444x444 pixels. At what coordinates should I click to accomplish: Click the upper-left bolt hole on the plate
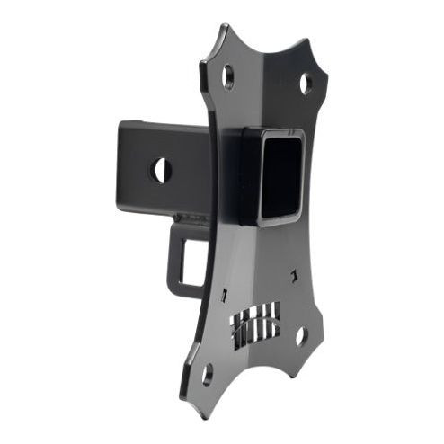pyautogui.click(x=229, y=76)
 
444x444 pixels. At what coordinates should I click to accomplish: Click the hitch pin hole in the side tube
pyautogui.click(x=161, y=169)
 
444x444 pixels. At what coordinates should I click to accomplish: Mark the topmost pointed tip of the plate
pyautogui.click(x=222, y=26)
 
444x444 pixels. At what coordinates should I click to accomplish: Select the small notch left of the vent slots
pyautogui.click(x=221, y=295)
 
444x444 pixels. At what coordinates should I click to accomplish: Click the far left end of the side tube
pyautogui.click(x=118, y=165)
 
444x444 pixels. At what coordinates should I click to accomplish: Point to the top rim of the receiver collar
pyautogui.click(x=270, y=132)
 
